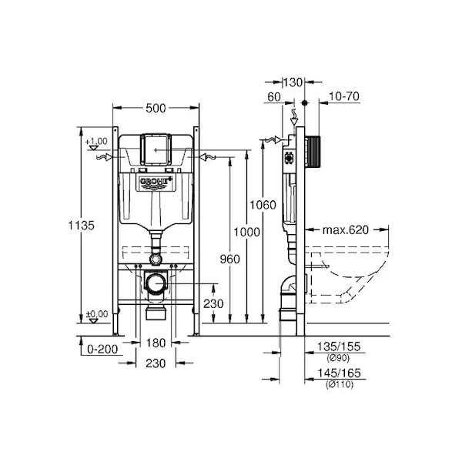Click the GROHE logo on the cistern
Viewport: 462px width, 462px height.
156,182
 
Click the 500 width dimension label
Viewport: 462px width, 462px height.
156,109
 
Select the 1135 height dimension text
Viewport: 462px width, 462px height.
82,226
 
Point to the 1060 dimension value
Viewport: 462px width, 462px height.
263,205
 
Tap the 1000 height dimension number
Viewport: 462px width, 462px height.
246,233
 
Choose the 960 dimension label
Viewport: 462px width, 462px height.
229,259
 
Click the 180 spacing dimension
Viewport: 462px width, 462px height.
156,343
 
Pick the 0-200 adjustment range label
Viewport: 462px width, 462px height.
102,349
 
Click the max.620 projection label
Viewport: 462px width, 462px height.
346,229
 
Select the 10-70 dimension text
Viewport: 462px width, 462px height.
344,96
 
